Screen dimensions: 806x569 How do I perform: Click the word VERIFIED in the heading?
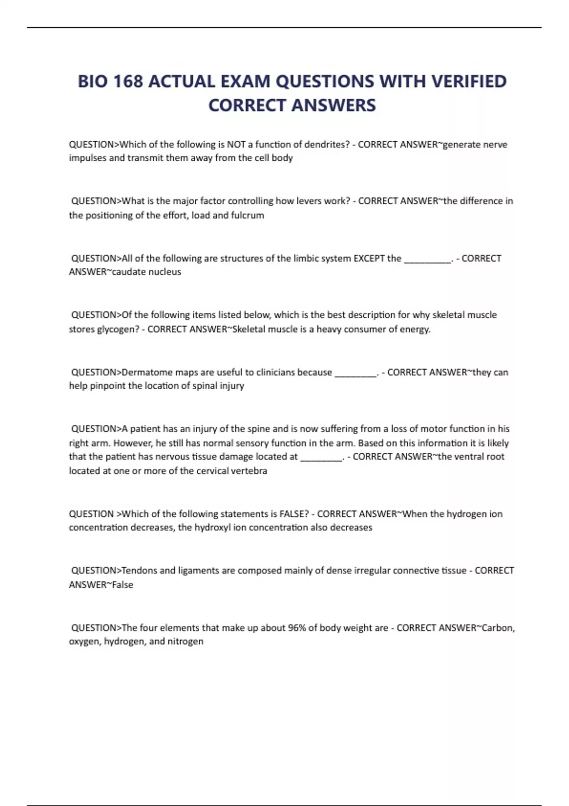(x=468, y=82)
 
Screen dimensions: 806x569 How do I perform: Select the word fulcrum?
(x=248, y=215)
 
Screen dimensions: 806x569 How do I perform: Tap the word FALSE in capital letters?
(x=294, y=514)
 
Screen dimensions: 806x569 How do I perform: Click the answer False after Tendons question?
(x=122, y=585)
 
